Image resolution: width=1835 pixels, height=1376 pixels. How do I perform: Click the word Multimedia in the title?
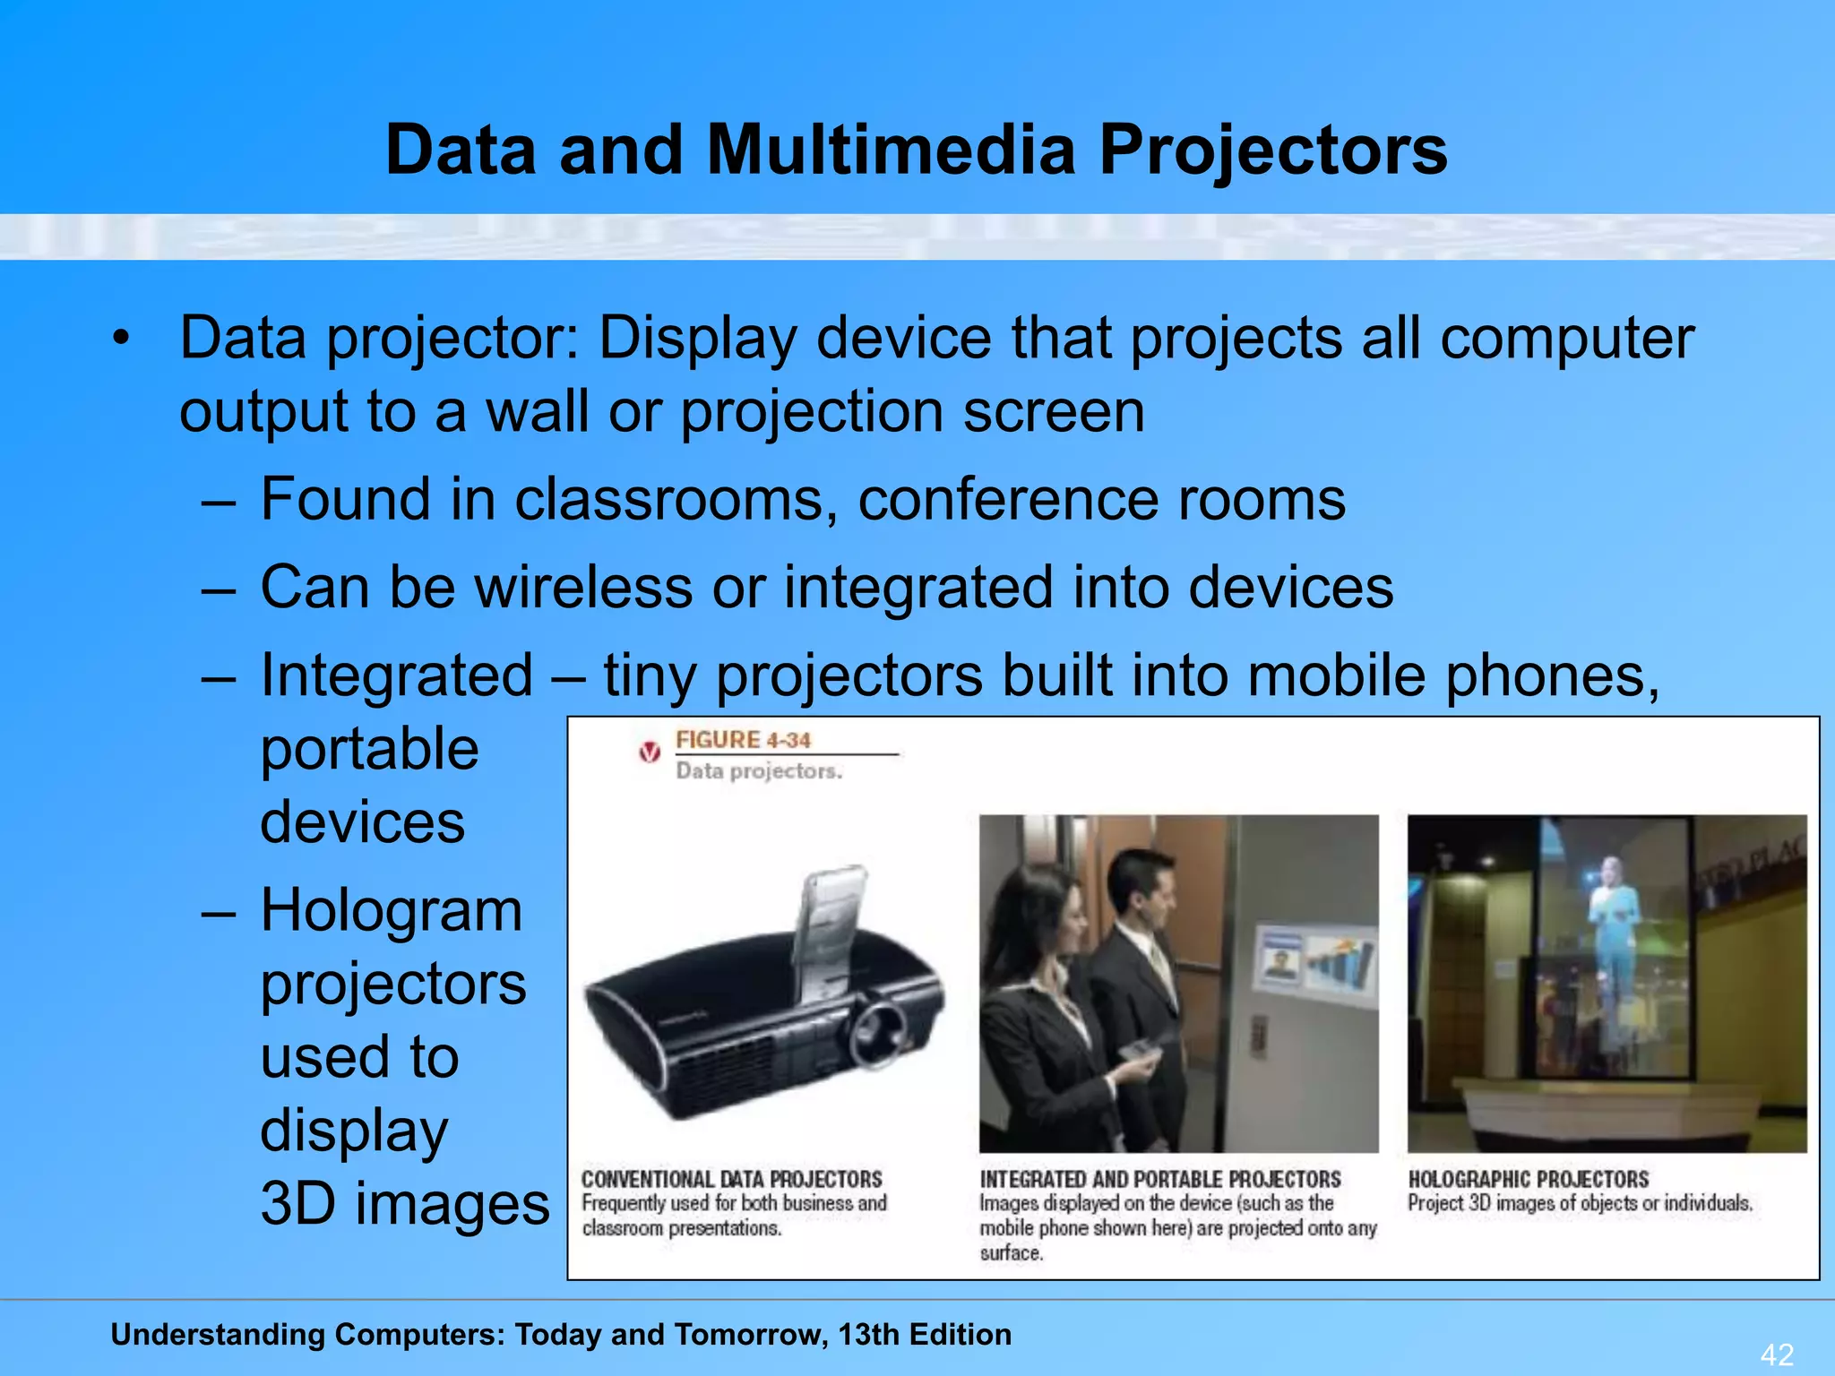point(891,150)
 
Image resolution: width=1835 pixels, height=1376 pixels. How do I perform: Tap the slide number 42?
point(1778,1354)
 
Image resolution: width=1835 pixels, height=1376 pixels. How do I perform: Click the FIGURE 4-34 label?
point(743,740)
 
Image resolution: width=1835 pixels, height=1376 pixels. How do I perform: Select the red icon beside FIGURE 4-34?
point(650,752)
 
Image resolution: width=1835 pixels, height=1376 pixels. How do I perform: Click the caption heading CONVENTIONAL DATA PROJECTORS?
point(731,1179)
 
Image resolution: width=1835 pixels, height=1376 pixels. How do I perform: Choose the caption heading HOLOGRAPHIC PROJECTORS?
point(1528,1179)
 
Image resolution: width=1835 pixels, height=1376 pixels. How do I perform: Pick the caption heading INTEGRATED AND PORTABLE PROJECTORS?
point(1159,1179)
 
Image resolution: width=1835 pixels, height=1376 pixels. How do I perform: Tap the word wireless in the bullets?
point(583,588)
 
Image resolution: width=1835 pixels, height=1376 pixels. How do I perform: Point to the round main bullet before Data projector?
point(121,339)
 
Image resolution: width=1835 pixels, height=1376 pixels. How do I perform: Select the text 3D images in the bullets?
point(405,1204)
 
